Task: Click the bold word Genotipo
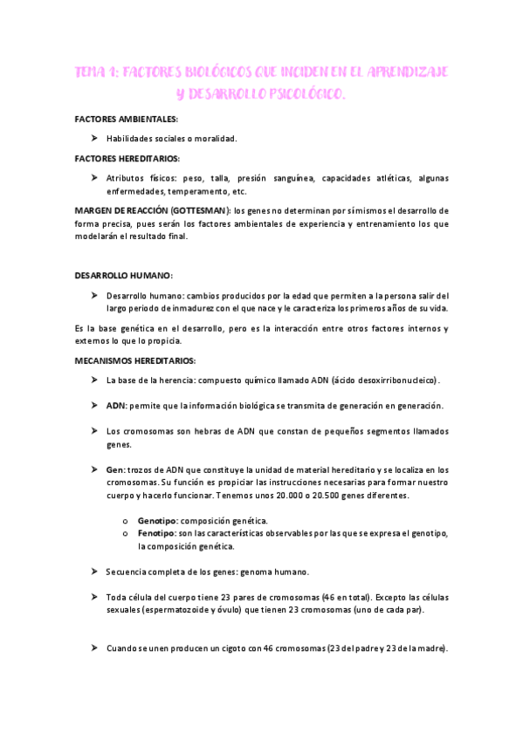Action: (x=157, y=520)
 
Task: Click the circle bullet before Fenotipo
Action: (x=128, y=532)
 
